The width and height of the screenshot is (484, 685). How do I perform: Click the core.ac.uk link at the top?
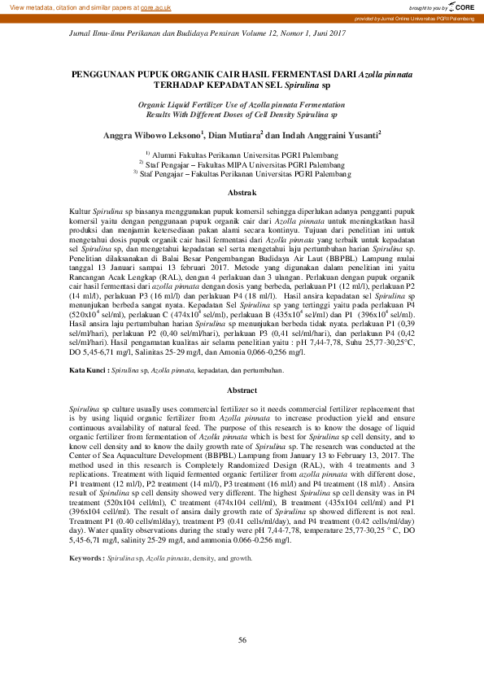[155, 7]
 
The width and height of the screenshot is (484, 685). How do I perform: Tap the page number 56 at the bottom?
[242, 639]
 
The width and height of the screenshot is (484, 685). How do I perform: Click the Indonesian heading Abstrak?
[242, 192]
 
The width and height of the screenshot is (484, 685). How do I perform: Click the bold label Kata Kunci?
[88, 370]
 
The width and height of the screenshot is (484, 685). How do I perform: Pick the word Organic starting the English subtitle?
[155, 105]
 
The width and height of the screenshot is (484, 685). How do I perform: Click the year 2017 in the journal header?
[334, 33]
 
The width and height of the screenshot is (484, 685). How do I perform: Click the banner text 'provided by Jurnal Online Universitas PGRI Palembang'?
[416, 18]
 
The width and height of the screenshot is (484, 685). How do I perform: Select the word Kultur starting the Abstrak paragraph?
[81, 211]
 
